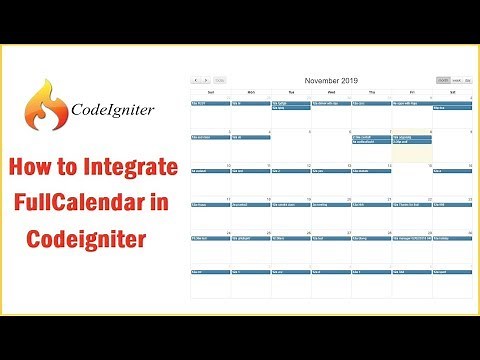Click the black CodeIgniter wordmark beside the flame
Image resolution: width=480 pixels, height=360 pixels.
pyautogui.click(x=111, y=109)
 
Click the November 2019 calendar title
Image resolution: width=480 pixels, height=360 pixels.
pyautogui.click(x=330, y=79)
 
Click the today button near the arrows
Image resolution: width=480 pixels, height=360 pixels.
pyautogui.click(x=219, y=80)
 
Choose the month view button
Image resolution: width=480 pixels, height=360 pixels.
pyautogui.click(x=443, y=80)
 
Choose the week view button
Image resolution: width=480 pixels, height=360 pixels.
pyautogui.click(x=457, y=80)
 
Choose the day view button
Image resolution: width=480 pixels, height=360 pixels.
pyautogui.click(x=468, y=80)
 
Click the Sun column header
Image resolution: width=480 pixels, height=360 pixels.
pyautogui.click(x=210, y=90)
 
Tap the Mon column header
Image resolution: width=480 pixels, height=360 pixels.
pyautogui.click(x=250, y=90)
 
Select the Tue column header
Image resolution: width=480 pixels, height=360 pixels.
pyautogui.click(x=290, y=90)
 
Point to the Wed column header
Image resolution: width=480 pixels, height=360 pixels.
pyautogui.click(x=331, y=90)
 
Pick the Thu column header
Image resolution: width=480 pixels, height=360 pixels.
pyautogui.click(x=371, y=90)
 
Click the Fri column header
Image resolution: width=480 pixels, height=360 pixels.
pyautogui.click(x=411, y=90)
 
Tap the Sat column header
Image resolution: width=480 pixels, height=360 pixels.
pyautogui.click(x=451, y=90)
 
